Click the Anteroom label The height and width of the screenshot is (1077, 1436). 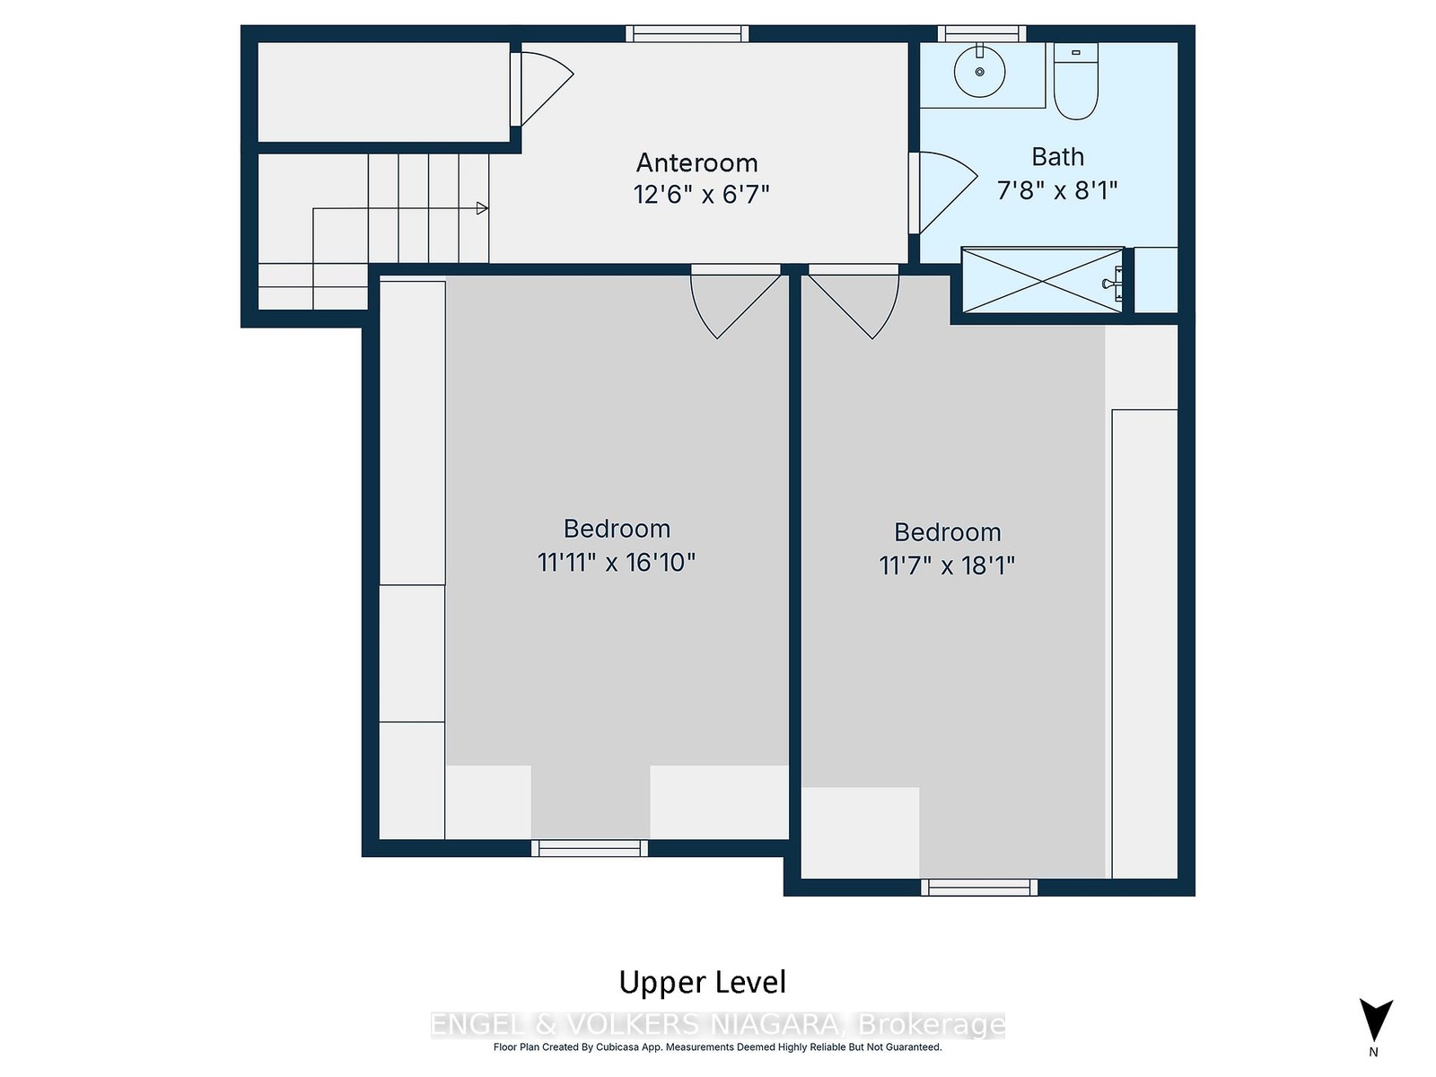[x=696, y=162]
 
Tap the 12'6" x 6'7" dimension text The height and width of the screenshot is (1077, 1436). [x=701, y=194]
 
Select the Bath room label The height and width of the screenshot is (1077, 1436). [x=1057, y=157]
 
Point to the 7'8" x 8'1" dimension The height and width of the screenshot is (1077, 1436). [x=1056, y=190]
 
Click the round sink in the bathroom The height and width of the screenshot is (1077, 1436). [x=979, y=71]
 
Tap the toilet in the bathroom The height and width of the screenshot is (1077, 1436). [x=1075, y=81]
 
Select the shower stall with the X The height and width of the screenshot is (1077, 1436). [x=1042, y=281]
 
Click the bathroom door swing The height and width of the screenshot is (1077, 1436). [x=944, y=192]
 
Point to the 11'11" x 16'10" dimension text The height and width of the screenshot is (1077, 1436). [x=617, y=563]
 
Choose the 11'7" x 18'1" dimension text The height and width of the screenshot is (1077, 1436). [x=947, y=565]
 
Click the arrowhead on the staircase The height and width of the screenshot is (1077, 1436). [x=482, y=208]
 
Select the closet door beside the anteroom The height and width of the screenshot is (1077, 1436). [x=542, y=89]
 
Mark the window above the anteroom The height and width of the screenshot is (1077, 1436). [x=687, y=33]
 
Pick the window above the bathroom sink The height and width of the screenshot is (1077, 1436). [x=982, y=33]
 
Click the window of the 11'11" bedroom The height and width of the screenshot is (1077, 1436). [x=590, y=848]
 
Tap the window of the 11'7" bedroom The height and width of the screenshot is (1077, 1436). [x=979, y=888]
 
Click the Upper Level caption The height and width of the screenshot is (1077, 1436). [x=702, y=983]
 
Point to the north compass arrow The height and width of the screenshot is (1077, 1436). [x=1376, y=1020]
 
